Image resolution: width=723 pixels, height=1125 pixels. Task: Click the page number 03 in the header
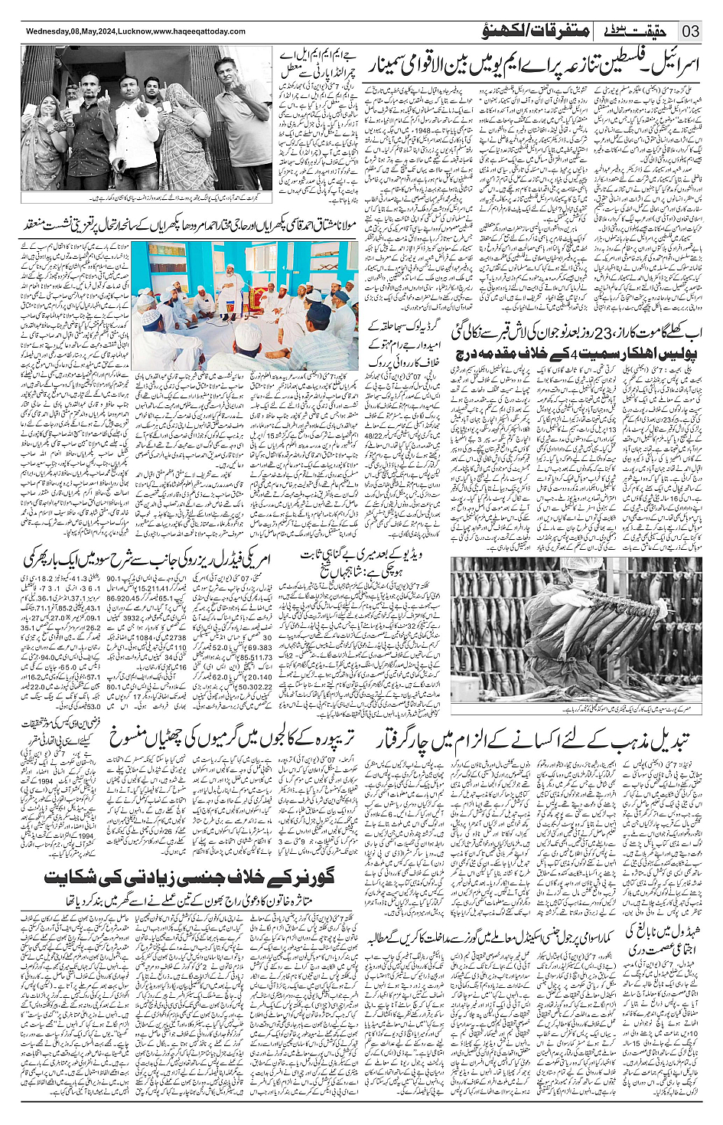(x=690, y=31)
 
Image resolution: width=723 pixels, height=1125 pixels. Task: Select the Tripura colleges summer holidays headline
(x=234, y=737)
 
